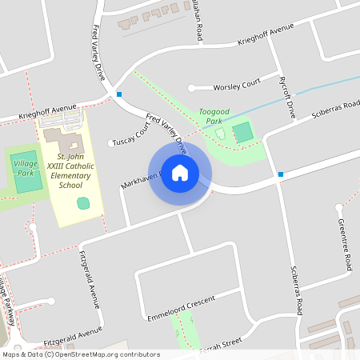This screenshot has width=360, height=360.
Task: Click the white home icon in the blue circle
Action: pyautogui.click(x=180, y=173)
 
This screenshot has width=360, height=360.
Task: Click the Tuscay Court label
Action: pyautogui.click(x=132, y=137)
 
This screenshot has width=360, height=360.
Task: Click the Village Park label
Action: pyautogui.click(x=26, y=167)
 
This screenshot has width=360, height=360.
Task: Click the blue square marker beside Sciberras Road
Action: pyautogui.click(x=281, y=174)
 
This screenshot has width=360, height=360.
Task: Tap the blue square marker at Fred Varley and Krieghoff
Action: pyautogui.click(x=119, y=94)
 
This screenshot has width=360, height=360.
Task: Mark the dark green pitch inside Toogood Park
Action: pyautogui.click(x=242, y=132)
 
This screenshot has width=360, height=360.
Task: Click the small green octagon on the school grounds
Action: pyautogui.click(x=82, y=203)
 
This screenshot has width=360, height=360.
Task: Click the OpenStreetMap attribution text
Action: pyautogui.click(x=81, y=354)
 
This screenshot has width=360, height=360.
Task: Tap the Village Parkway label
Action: pyautogui.click(x=7, y=302)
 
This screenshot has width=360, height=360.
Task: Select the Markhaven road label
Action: pyautogui.click(x=141, y=186)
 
